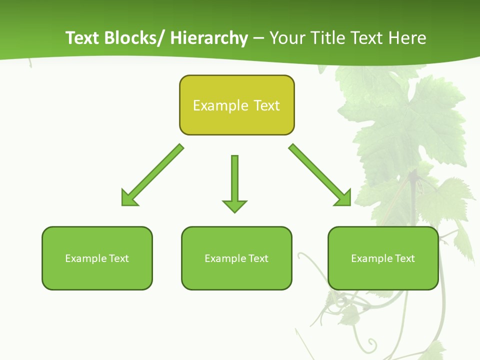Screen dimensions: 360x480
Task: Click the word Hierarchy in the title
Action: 209,38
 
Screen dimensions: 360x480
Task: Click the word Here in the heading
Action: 407,38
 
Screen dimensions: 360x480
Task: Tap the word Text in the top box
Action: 266,105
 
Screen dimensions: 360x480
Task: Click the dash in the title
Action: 258,38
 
